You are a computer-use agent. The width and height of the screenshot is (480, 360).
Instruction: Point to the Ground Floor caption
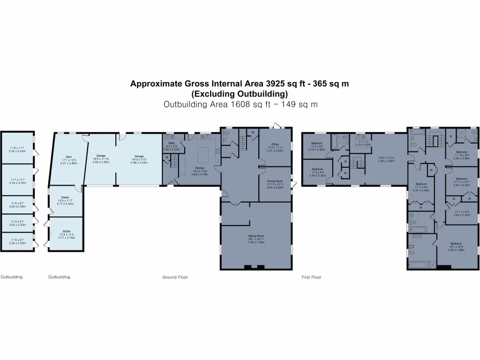click(175, 277)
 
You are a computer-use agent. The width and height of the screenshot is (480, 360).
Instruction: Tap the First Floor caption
click(311, 277)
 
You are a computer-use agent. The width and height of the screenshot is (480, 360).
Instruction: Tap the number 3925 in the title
click(275, 84)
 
